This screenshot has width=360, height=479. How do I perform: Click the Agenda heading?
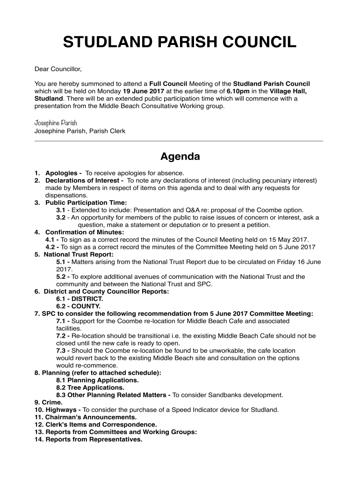(180, 156)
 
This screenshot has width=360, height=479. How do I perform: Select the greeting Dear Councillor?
(58, 69)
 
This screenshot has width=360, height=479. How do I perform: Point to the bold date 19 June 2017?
(143, 91)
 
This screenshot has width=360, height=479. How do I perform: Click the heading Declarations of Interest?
(84, 181)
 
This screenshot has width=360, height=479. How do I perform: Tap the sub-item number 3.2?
(61, 218)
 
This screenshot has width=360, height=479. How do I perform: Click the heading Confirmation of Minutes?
(84, 232)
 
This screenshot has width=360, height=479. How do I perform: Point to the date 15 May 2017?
(285, 239)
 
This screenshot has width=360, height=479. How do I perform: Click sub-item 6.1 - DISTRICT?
(79, 298)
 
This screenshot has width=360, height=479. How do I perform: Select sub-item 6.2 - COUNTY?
(78, 306)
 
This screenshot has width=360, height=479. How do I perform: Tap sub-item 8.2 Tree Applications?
(90, 387)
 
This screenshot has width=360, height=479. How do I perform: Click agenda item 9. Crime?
(48, 402)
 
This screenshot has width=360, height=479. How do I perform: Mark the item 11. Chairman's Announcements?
(86, 417)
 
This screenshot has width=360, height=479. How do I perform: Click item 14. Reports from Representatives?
(88, 440)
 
